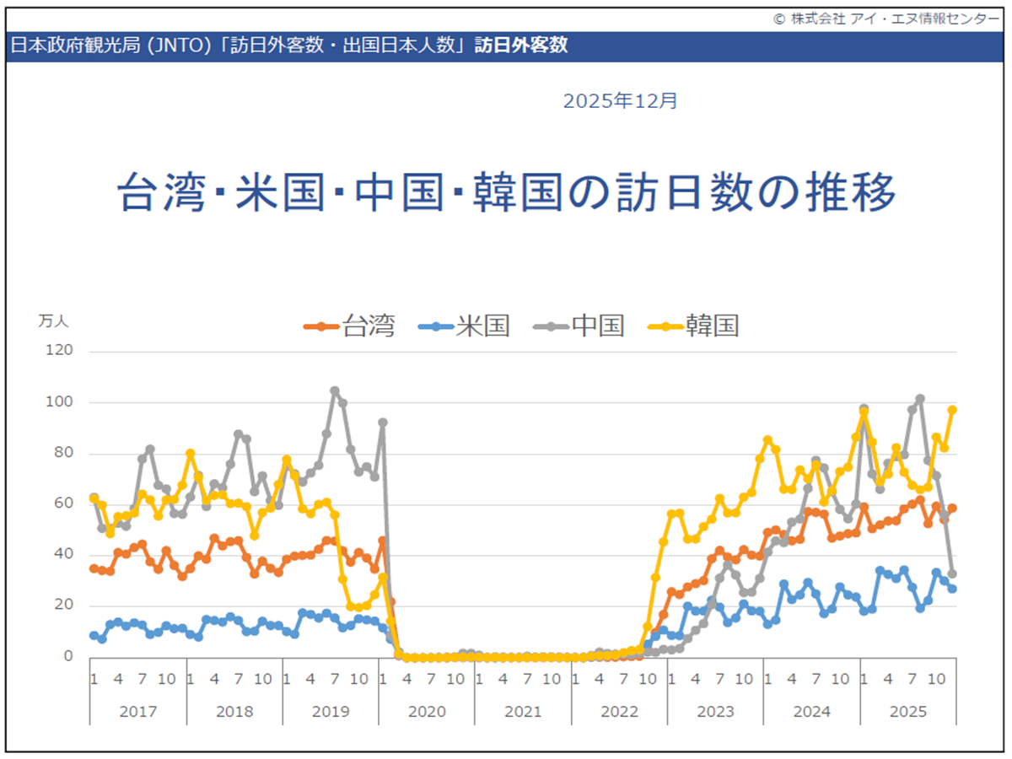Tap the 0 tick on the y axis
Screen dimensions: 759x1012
[69, 656]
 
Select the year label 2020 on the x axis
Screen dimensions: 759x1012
[427, 712]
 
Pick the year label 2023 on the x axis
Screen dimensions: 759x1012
[715, 712]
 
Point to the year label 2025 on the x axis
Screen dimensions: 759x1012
[908, 712]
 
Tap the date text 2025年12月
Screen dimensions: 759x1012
[620, 101]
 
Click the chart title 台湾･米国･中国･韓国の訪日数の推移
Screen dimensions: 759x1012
[505, 193]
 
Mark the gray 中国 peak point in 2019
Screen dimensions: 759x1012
[335, 390]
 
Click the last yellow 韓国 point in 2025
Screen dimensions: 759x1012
[952, 410]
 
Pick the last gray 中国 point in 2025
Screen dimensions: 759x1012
[952, 573]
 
